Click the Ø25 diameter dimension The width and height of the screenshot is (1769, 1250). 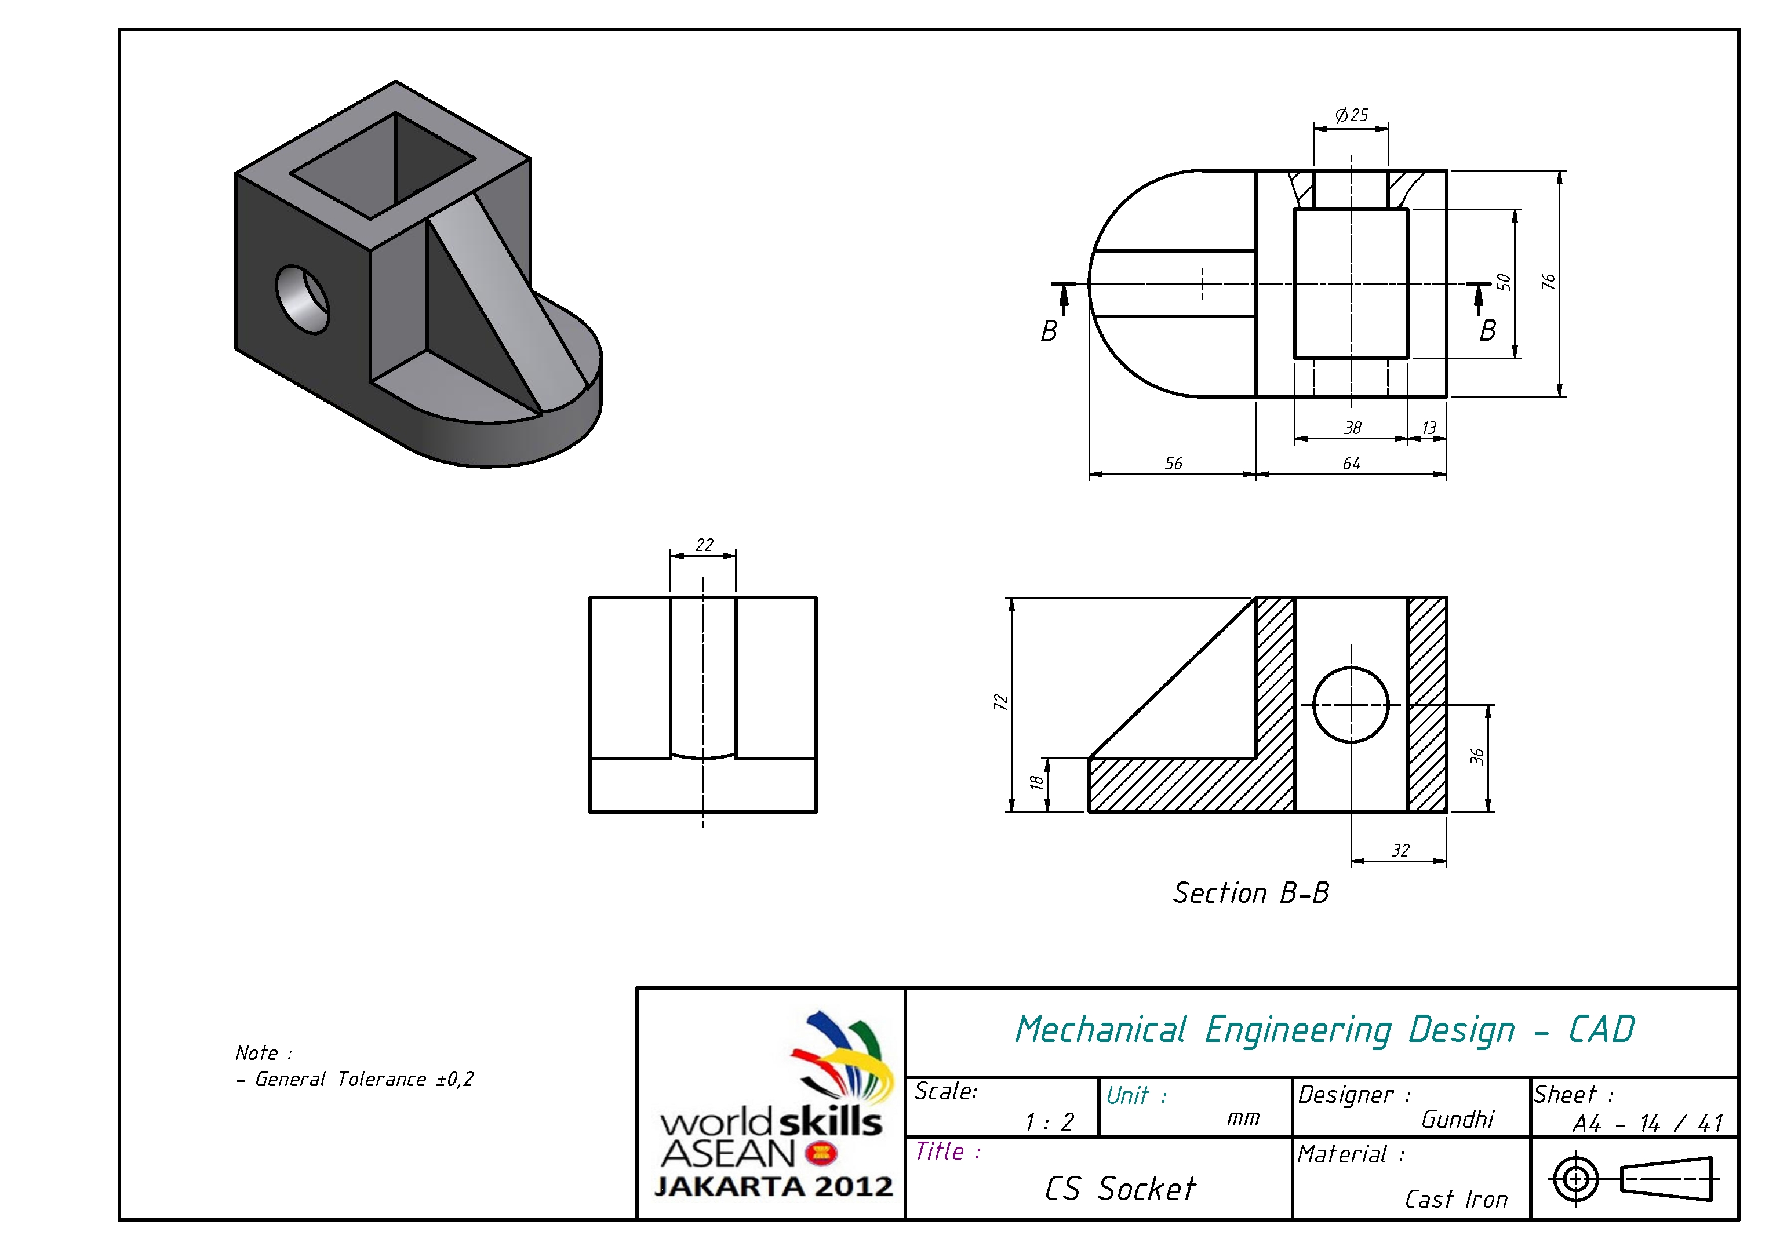pos(1352,115)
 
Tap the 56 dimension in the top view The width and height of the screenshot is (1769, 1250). pos(1173,463)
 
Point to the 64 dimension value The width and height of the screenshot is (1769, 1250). pos(1352,463)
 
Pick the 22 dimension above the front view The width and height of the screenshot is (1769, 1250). pos(704,545)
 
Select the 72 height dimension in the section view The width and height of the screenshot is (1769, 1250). pos(1000,702)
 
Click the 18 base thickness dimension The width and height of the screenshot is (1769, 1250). pos(1036,782)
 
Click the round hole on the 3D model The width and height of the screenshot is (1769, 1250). pos(302,300)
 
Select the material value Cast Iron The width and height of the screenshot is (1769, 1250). pos(1455,1199)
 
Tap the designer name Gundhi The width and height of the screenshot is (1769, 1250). pos(1457,1118)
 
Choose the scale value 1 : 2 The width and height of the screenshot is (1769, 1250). pos(1049,1122)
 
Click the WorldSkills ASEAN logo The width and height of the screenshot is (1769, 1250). pos(774,1105)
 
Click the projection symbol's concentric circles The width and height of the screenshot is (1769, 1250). pos(1575,1178)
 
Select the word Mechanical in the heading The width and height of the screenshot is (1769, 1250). pos(1100,1030)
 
